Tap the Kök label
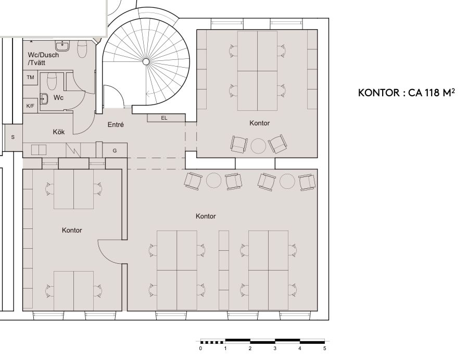pyautogui.click(x=58, y=132)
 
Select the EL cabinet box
pyautogui.click(x=165, y=118)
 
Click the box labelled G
pyautogui.click(x=115, y=150)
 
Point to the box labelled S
pyautogui.click(x=12, y=137)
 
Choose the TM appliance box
pyautogui.click(x=30, y=77)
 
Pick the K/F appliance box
pyautogui.click(x=30, y=105)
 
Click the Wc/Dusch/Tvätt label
pyautogui.click(x=43, y=58)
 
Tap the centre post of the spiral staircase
pyautogui.click(x=146, y=62)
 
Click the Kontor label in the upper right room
pyautogui.click(x=259, y=123)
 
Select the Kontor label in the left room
pyautogui.click(x=72, y=230)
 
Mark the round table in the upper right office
pyautogui.click(x=258, y=145)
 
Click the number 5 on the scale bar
pyautogui.click(x=324, y=349)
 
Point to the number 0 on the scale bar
pyautogui.click(x=200, y=349)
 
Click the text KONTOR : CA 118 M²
pyautogui.click(x=403, y=93)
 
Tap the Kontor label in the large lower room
pyautogui.click(x=206, y=216)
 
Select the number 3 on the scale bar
pyautogui.click(x=275, y=349)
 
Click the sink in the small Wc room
pyautogui.click(x=44, y=98)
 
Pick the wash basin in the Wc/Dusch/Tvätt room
pyautogui.click(x=65, y=46)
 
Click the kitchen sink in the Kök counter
pyautogui.click(x=39, y=149)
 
